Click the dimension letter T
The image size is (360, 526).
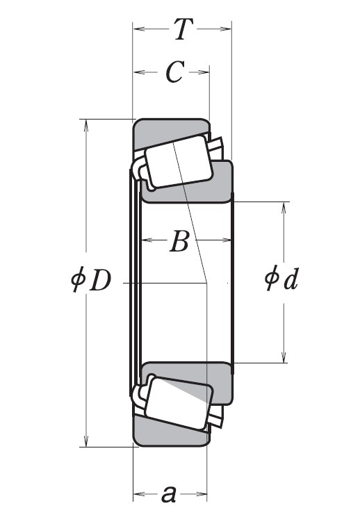tap(182, 29)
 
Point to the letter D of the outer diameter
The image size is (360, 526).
tap(99, 281)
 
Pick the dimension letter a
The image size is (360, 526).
tap(168, 495)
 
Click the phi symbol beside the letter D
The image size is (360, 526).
tap(77, 281)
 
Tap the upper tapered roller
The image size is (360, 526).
tap(179, 162)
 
